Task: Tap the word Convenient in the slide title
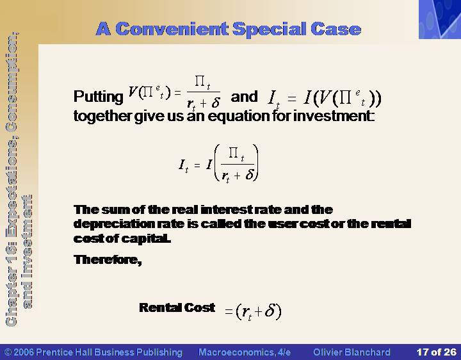point(172,29)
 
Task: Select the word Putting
point(98,97)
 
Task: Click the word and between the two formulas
point(244,97)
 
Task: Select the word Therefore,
point(108,259)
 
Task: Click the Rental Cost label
point(177,307)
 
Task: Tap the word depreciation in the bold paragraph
point(114,224)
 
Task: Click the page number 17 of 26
point(436,352)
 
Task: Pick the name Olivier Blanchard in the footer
point(352,352)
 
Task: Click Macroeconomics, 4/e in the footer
point(245,352)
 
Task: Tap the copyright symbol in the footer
point(8,352)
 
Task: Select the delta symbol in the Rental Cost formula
point(270,310)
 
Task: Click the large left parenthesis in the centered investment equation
point(217,162)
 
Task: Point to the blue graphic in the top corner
point(440,19)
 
